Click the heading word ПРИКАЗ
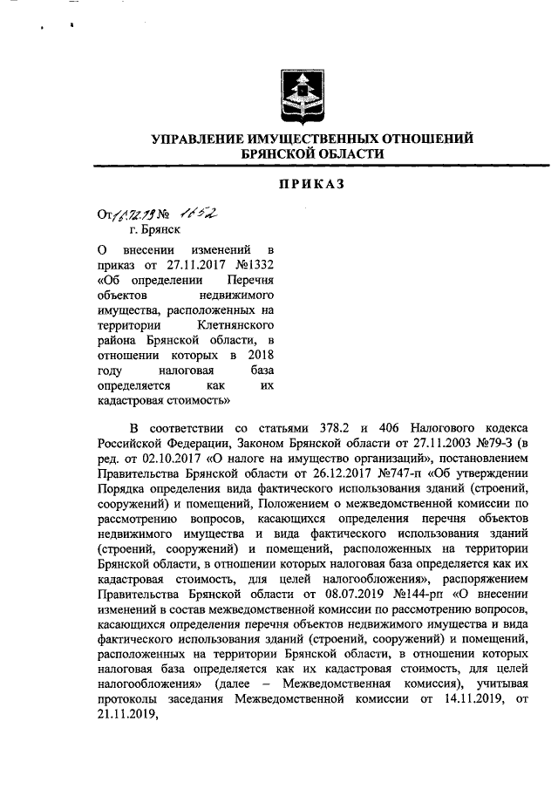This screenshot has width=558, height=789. tap(313, 183)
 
